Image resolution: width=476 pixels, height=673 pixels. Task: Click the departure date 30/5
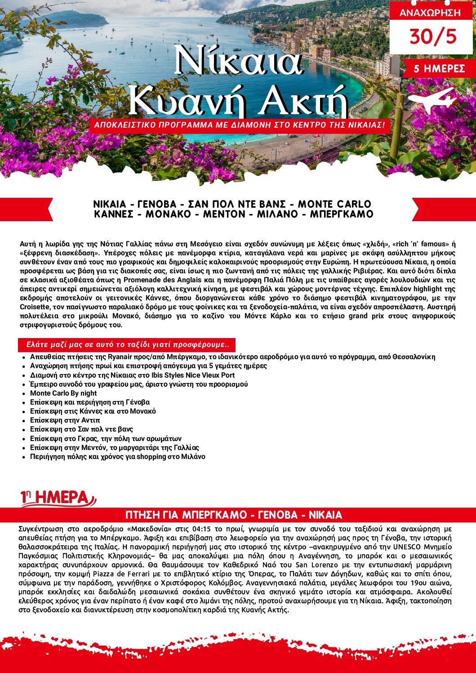[x=432, y=36]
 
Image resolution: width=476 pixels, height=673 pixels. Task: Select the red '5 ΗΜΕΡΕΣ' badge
[x=439, y=69]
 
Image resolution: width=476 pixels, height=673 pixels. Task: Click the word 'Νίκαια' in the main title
[x=238, y=62]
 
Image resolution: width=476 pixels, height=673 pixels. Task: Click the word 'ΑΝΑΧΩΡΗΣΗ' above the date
[x=430, y=13]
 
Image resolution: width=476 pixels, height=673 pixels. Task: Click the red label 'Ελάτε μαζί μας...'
[x=128, y=345]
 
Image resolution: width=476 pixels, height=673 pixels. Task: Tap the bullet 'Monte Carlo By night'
[x=63, y=393]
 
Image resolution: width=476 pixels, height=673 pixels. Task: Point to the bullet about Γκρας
[x=106, y=438]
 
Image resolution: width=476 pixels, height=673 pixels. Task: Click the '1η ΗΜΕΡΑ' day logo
[x=58, y=498]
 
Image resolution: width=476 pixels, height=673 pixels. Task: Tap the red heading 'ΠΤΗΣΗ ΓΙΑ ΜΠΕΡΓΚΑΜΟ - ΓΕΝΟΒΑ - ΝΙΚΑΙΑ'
[x=234, y=515]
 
